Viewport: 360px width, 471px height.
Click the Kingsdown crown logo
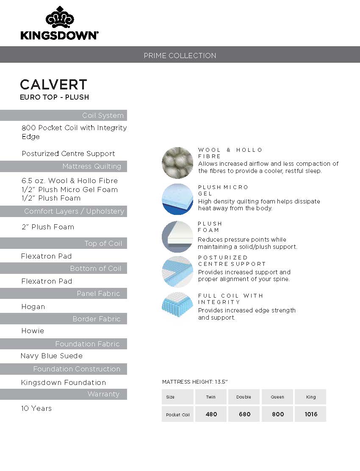tap(59, 18)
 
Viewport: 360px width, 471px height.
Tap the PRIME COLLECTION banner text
tap(180, 56)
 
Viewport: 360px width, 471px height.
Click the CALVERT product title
tap(53, 84)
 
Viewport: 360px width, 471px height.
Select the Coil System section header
tap(103, 115)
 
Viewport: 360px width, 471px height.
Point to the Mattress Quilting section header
tap(91, 166)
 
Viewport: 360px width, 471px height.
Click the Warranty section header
tap(103, 394)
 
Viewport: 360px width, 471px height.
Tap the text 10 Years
tap(36, 408)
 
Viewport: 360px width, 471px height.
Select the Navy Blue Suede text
tap(52, 356)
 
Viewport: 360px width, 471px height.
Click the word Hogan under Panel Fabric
tap(33, 307)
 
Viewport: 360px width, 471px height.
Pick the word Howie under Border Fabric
tap(33, 331)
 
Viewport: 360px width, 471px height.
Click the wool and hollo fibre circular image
tap(177, 163)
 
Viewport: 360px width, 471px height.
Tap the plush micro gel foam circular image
tap(177, 199)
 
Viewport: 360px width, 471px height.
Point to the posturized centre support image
tap(177, 271)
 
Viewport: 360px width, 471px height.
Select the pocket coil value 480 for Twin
tap(211, 414)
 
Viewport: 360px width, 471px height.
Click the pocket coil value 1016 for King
tap(311, 414)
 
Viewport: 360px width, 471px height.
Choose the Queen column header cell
tap(277, 397)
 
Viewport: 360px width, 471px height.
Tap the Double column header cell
tap(244, 397)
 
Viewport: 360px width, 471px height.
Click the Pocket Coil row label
tap(178, 415)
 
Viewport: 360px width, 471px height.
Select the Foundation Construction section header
tap(77, 369)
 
